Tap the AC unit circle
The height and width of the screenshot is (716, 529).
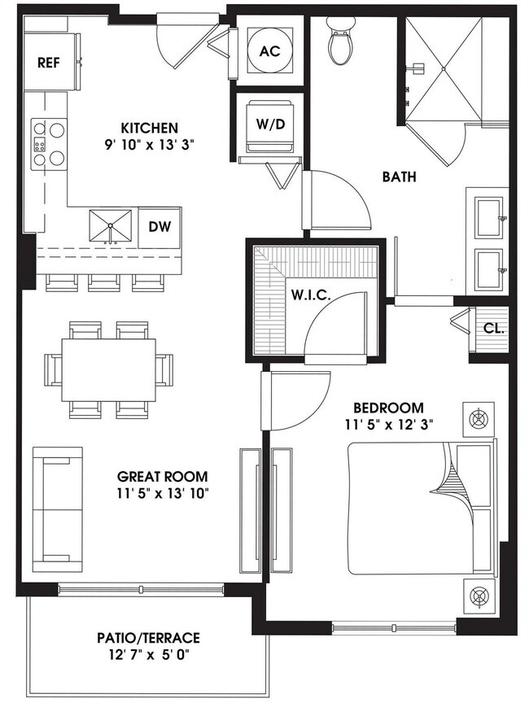(269, 50)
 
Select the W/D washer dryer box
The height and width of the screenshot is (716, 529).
(269, 125)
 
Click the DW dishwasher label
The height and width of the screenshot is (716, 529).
(159, 226)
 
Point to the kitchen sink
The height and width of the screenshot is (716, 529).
(110, 226)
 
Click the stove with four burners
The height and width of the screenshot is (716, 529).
(48, 144)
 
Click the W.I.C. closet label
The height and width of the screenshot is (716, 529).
(310, 295)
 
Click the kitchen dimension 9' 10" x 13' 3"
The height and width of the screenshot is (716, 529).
(150, 144)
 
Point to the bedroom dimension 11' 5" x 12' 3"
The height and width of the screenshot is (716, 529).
(388, 424)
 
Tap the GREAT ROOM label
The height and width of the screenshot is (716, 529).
(162, 476)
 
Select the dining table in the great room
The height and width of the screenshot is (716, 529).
(109, 369)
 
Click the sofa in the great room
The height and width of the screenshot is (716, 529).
(57, 510)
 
